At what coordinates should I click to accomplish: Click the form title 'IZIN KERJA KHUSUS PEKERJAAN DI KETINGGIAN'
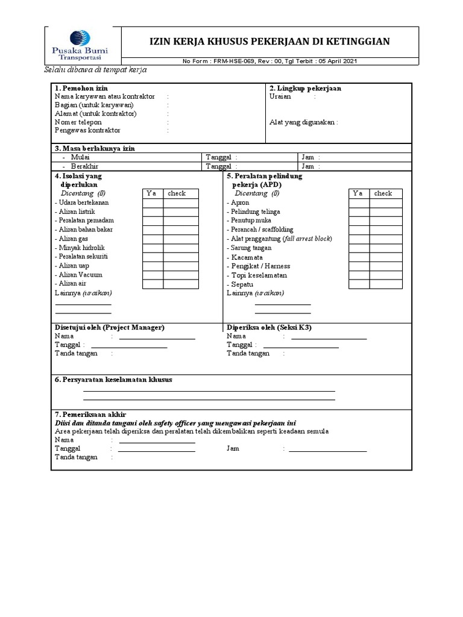click(269, 41)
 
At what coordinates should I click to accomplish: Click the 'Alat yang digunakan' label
click(303, 122)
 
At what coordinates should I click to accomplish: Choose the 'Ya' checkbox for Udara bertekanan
click(153, 203)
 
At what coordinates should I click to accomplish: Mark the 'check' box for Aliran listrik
click(180, 212)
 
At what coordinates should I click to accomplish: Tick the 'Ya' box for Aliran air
click(153, 283)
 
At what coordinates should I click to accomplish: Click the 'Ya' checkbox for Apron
click(359, 203)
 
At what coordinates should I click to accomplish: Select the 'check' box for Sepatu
click(386, 284)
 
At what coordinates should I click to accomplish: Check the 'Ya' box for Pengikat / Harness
click(359, 266)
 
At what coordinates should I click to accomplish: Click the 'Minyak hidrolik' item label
click(83, 248)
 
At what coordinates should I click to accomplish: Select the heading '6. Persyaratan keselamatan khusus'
click(113, 380)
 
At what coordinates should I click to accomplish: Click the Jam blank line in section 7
click(327, 450)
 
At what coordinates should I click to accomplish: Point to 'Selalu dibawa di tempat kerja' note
click(96, 70)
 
